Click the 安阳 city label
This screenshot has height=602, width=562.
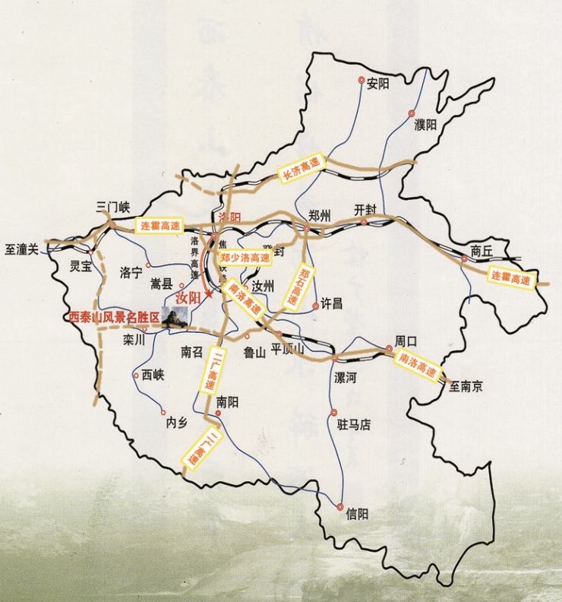[x=377, y=84]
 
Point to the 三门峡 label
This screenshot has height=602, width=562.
[x=114, y=206]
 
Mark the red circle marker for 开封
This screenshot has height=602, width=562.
[x=364, y=223]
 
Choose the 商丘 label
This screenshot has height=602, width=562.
[x=481, y=251]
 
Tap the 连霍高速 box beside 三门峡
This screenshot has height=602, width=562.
[x=160, y=226]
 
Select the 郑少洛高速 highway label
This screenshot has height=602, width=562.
[x=245, y=258]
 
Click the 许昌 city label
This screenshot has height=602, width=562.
[x=333, y=304]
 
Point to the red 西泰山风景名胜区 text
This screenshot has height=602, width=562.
[x=114, y=317]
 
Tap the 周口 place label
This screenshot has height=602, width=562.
[x=407, y=341]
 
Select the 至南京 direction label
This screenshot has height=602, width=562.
[x=466, y=386]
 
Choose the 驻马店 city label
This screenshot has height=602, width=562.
[x=353, y=425]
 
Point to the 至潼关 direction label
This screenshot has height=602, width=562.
[x=21, y=249]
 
